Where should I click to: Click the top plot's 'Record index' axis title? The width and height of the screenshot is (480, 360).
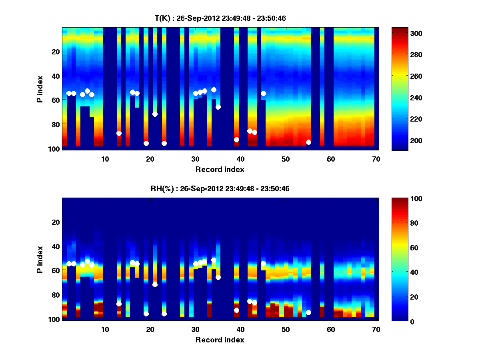220,169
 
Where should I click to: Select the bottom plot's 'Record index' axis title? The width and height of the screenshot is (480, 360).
220,340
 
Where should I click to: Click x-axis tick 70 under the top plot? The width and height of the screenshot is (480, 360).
376,159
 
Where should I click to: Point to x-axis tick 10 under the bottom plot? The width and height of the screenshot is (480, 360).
105,329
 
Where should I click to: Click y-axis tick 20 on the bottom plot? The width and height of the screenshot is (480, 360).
56,222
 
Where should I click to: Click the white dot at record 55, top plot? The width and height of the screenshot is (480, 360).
308,142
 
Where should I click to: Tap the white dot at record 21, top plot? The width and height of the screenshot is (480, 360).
155,114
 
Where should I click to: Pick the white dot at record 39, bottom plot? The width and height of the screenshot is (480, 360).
236,310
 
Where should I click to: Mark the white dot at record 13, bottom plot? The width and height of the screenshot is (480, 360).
119,304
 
